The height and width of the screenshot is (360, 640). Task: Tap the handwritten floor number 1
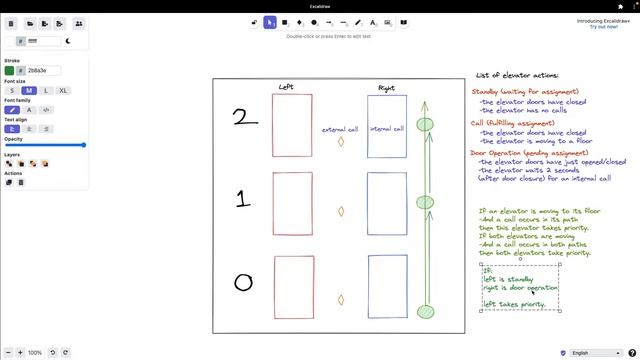pyautogui.click(x=242, y=199)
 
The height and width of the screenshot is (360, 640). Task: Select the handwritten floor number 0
pyautogui.click(x=243, y=283)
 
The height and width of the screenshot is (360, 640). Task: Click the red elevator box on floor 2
pyautogui.click(x=292, y=126)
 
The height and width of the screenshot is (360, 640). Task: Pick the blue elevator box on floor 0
pyautogui.click(x=387, y=287)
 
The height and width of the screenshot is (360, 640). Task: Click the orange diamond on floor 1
pyautogui.click(x=341, y=212)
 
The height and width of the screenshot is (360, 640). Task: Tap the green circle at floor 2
pyautogui.click(x=425, y=125)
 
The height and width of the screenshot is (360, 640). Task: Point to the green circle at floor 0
pyautogui.click(x=425, y=312)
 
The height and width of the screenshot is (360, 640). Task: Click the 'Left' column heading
pyautogui.click(x=287, y=88)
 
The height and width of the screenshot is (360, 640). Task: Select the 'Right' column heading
pyautogui.click(x=386, y=88)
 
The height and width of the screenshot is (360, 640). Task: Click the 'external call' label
pyautogui.click(x=340, y=129)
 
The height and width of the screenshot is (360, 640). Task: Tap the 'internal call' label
pyautogui.click(x=387, y=129)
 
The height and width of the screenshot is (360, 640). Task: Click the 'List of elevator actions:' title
pyautogui.click(x=517, y=75)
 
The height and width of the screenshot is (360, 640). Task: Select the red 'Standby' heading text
pyautogui.click(x=490, y=91)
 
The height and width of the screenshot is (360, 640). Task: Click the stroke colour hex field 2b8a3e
pyautogui.click(x=46, y=71)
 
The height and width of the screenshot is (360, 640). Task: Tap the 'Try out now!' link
pyautogui.click(x=603, y=27)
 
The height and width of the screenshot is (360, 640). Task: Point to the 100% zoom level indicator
pyautogui.click(x=35, y=352)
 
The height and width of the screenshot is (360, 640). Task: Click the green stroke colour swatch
pyautogui.click(x=10, y=71)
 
